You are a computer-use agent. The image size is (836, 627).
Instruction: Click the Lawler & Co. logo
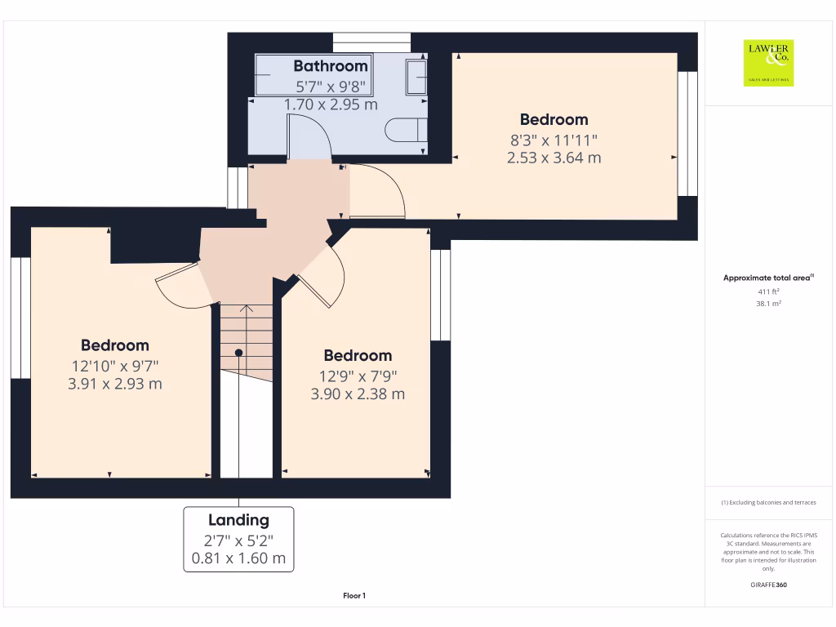767,64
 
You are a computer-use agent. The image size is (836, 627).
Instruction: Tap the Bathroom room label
331,65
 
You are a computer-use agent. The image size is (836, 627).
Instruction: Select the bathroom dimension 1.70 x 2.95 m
331,104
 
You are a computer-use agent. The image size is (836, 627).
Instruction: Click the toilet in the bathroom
406,130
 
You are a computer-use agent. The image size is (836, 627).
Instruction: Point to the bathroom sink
416,78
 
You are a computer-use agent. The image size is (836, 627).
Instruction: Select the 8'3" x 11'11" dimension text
554,140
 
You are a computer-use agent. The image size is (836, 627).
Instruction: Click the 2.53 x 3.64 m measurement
554,158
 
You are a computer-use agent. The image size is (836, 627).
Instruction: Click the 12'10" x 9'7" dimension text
114,366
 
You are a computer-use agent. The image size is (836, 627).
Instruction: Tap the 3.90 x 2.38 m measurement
358,394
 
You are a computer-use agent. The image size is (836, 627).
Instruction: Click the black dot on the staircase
239,353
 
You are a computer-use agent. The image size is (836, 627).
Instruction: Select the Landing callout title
238,520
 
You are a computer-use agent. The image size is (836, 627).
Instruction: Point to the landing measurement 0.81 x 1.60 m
238,559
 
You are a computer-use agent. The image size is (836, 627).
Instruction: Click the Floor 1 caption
354,597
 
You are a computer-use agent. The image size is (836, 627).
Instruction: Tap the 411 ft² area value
768,291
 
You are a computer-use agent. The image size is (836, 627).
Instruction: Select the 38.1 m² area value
768,303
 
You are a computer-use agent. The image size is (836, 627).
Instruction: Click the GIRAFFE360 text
768,585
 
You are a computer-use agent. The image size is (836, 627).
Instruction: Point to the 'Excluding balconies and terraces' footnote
768,502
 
